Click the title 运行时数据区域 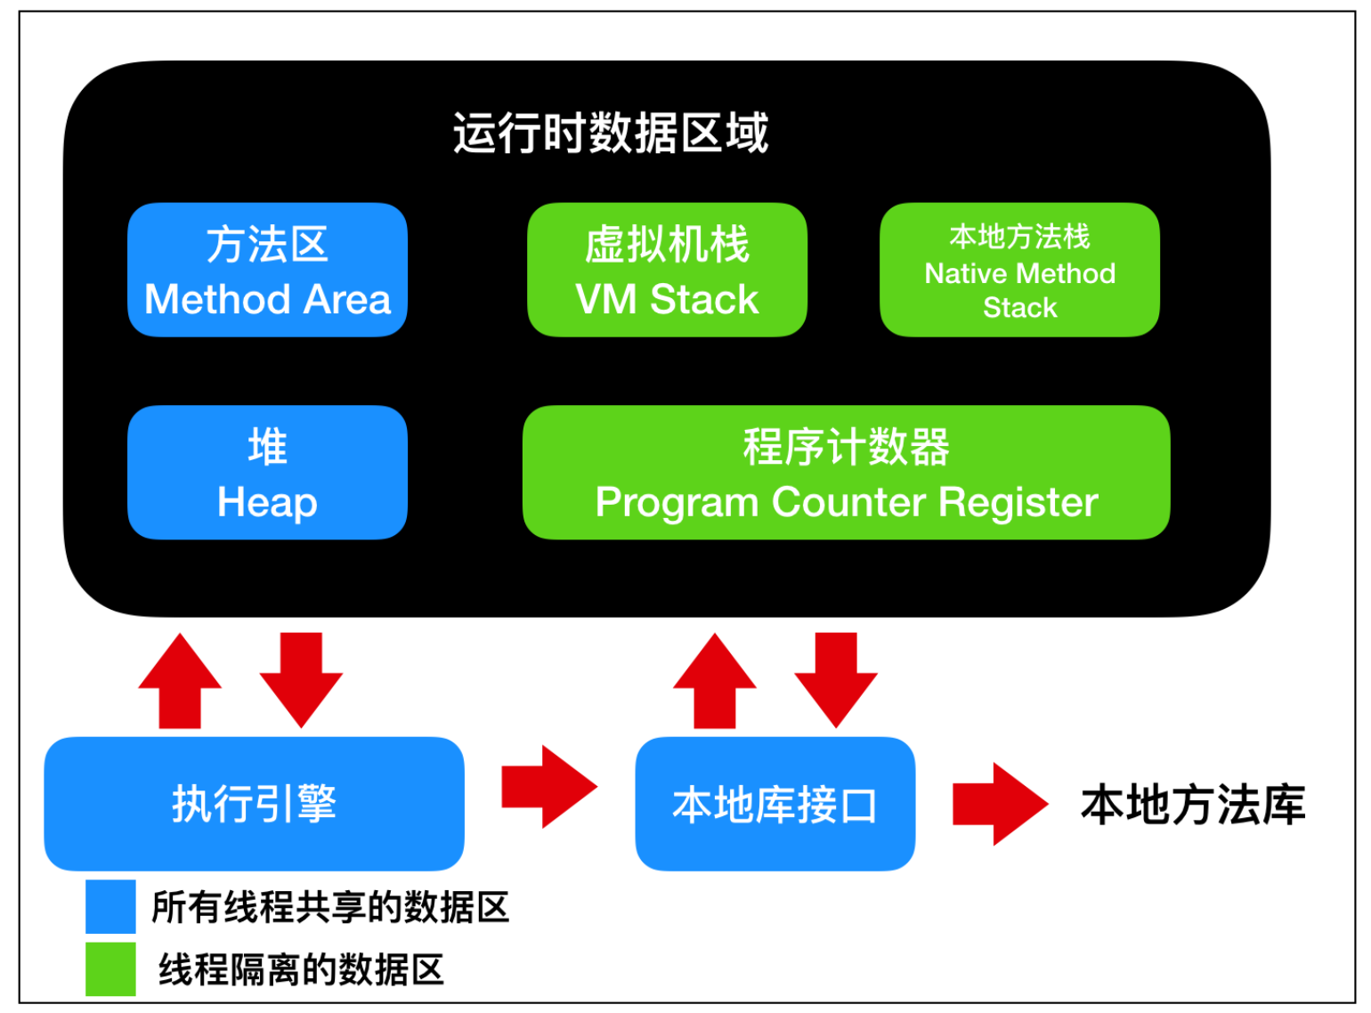pyautogui.click(x=611, y=134)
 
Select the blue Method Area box pyautogui.click(x=267, y=270)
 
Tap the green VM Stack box pyautogui.click(x=667, y=270)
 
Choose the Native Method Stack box pyautogui.click(x=1019, y=270)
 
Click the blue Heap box pyautogui.click(x=267, y=472)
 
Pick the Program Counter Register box pyautogui.click(x=846, y=472)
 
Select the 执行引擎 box pyautogui.click(x=254, y=803)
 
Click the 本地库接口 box pyautogui.click(x=775, y=803)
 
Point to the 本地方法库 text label pyautogui.click(x=1193, y=804)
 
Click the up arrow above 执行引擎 pyautogui.click(x=180, y=681)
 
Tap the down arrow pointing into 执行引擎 pyautogui.click(x=301, y=681)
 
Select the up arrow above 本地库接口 pyautogui.click(x=715, y=681)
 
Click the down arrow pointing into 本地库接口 pyautogui.click(x=836, y=681)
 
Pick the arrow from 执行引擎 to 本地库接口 pyautogui.click(x=548, y=787)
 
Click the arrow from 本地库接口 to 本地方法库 pyautogui.click(x=999, y=803)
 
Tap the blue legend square pyautogui.click(x=110, y=906)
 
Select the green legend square pyautogui.click(x=110, y=968)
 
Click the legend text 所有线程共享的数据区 pyautogui.click(x=330, y=907)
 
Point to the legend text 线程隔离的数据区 pyautogui.click(x=301, y=969)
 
